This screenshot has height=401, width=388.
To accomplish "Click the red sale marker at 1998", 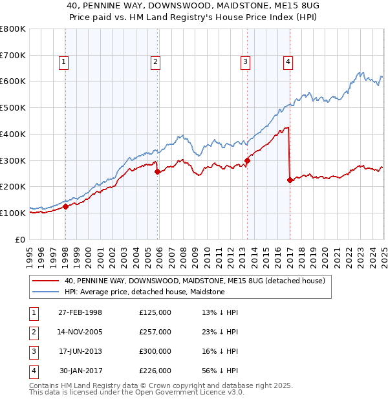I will point(65,207).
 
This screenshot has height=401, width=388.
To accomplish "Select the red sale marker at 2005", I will point(157,171).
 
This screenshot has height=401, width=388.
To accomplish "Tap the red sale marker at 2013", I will point(247,160).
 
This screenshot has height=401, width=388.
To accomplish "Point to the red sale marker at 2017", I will point(290,180).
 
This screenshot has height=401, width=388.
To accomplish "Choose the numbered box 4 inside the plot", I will point(288,62).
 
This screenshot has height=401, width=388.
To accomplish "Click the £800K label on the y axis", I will point(13,29).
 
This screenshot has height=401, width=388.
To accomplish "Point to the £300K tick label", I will point(13,160).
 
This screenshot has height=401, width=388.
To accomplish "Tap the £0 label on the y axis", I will point(21,239).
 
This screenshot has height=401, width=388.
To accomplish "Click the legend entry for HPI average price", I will point(144,292).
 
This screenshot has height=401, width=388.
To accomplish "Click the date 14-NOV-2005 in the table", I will point(80,332).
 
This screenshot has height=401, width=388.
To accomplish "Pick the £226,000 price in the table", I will point(155,371).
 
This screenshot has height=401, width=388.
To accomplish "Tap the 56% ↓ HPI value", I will point(220,371).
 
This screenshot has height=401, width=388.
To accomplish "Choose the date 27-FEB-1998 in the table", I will point(80,312).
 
